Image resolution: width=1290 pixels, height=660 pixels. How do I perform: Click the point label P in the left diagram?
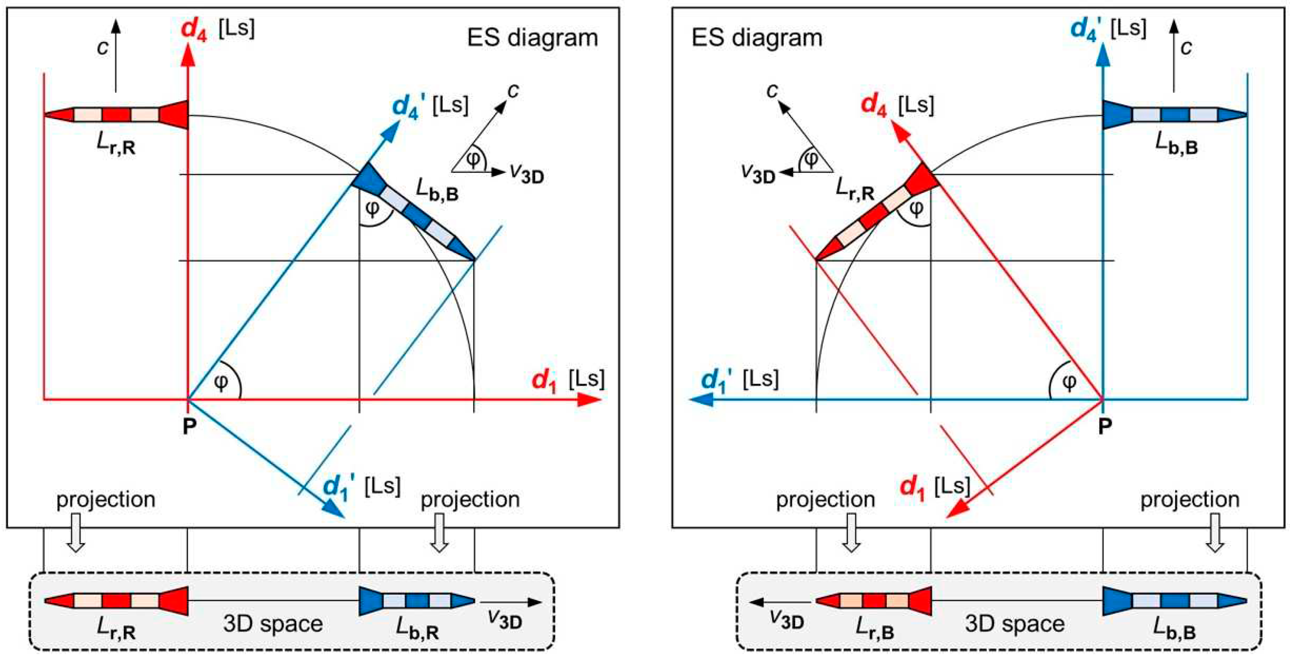(189, 426)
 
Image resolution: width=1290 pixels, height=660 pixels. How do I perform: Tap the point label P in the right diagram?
(1105, 426)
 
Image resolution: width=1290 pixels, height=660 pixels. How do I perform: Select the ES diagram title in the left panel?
(532, 38)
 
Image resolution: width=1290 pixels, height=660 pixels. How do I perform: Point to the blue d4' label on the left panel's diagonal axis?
(408, 106)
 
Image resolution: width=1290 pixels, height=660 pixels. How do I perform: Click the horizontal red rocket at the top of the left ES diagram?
(116, 115)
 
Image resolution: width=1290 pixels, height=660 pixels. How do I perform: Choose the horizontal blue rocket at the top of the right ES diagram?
(1174, 115)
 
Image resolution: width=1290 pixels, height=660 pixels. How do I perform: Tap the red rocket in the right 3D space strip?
(874, 600)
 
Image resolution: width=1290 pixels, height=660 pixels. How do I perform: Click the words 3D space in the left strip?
(273, 624)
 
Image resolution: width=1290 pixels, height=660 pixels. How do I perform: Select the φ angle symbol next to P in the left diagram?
(221, 382)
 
